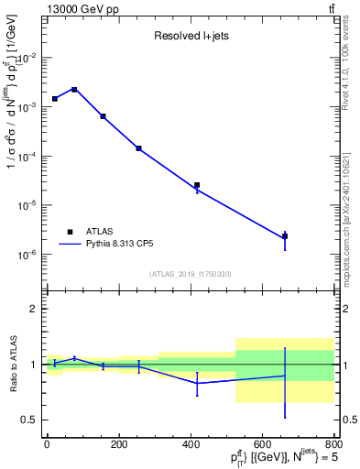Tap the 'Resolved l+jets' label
191,38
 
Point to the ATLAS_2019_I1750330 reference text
191,274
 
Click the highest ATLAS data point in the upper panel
74,90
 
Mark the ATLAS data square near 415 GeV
197,185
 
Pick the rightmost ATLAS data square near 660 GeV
285,236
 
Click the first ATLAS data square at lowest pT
55,98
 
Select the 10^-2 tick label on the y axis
27,58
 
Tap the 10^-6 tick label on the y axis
27,255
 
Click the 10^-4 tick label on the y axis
27,157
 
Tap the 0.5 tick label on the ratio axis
28,420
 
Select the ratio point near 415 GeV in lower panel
197,383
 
